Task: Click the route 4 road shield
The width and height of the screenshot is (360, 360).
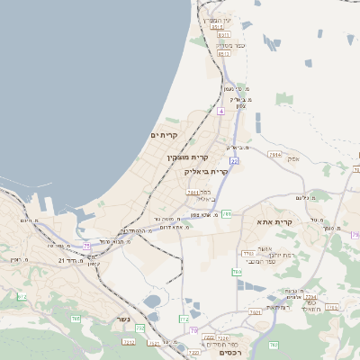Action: pos(220,111)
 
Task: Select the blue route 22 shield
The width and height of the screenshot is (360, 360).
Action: pos(233,160)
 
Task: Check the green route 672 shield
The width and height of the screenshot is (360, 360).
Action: pos(22,296)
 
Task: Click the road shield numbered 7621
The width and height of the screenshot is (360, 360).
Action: pos(255,312)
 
